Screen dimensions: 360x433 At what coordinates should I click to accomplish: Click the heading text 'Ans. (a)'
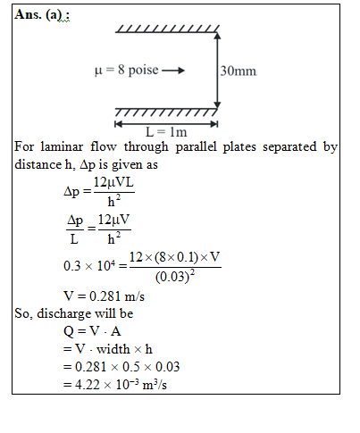point(38,14)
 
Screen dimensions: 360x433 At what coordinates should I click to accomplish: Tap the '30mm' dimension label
point(239,71)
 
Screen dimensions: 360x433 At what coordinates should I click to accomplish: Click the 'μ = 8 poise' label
point(127,71)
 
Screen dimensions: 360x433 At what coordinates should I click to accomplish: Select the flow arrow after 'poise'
point(173,71)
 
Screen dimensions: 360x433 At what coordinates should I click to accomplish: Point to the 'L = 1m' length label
point(166,132)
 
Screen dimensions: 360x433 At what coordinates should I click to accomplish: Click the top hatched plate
point(167,29)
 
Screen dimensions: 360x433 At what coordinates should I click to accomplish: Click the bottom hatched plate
point(166,112)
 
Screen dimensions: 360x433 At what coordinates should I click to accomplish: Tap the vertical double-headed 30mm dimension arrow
point(217,71)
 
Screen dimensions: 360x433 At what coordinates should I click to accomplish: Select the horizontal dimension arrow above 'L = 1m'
point(166,124)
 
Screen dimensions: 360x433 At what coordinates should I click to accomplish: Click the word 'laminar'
point(62,146)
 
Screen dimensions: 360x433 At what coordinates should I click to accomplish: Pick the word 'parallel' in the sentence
point(196,147)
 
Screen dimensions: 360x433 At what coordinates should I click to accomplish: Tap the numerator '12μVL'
point(113,182)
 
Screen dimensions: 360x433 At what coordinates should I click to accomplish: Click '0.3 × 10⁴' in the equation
point(89,265)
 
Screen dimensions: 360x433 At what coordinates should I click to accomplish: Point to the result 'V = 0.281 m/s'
point(104,296)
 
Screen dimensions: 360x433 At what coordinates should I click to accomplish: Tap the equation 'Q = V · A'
point(92,331)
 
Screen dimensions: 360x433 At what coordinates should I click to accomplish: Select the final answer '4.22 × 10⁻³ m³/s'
point(121,385)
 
